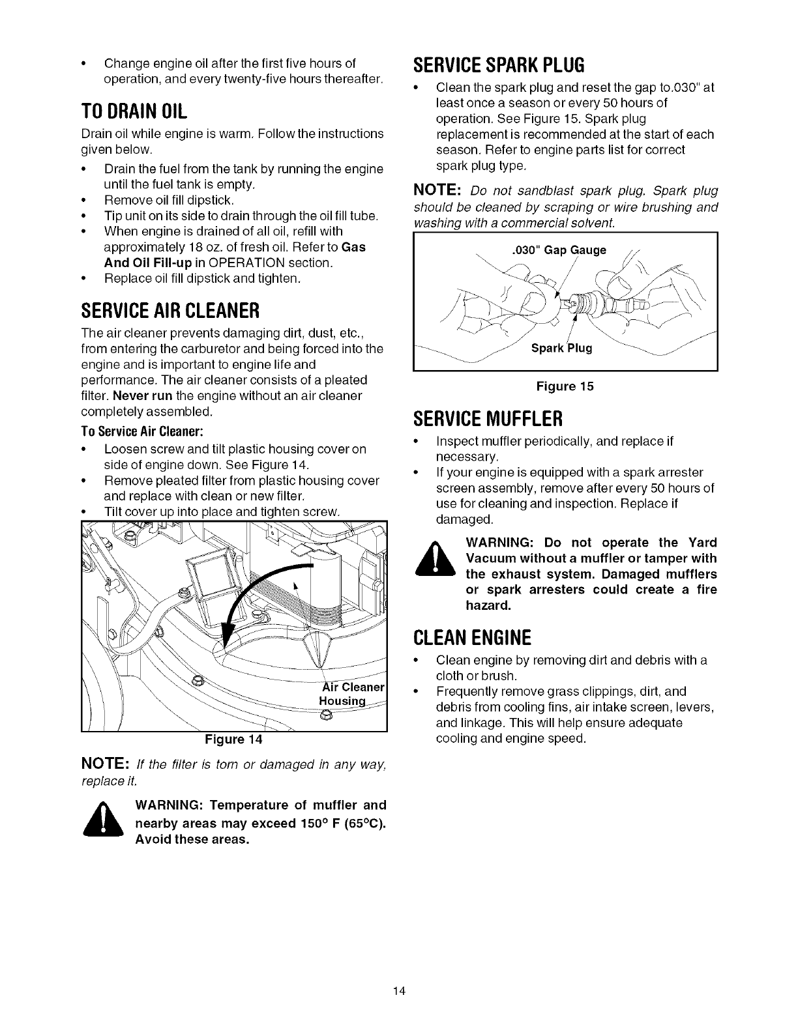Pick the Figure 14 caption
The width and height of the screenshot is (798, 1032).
coord(233,739)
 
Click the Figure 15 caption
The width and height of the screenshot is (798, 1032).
coord(565,386)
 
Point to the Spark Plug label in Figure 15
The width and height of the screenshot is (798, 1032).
coord(561,348)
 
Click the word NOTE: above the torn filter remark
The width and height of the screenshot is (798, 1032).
coord(108,764)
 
